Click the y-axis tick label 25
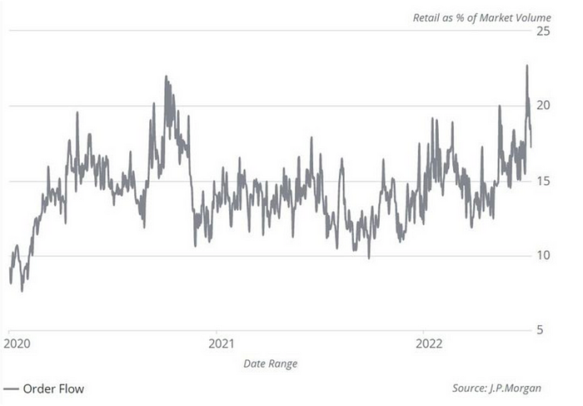544,31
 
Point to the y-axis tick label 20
544,105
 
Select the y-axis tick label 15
544,180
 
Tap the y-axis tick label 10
544,255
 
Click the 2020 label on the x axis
18,343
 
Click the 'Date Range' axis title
270,363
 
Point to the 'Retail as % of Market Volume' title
482,17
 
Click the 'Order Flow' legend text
53,388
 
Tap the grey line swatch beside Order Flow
11,388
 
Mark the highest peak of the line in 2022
526,66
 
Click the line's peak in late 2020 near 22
166,77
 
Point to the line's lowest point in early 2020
22,290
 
